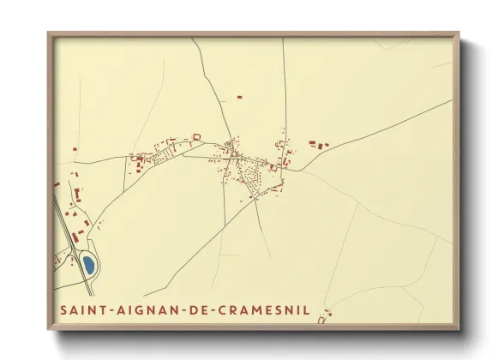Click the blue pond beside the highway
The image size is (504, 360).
pos(87,265)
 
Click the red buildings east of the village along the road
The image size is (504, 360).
pos(317,145)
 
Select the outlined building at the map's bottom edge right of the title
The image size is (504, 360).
pos(322,320)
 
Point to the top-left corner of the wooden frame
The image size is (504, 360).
pos(49,34)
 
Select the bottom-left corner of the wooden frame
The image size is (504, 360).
pos(49,329)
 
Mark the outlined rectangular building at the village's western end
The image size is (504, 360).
pos(196,135)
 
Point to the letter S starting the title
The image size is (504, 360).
pos(62,309)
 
